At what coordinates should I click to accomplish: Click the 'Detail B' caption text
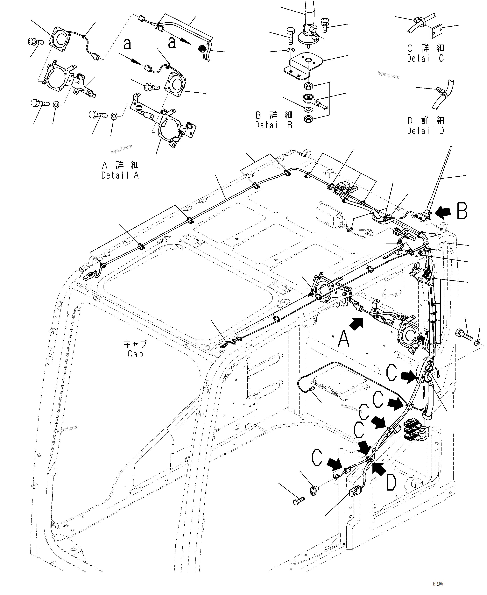pyautogui.click(x=274, y=125)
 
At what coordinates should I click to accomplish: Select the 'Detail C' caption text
pyautogui.click(x=426, y=58)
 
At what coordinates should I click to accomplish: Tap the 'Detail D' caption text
pyautogui.click(x=426, y=131)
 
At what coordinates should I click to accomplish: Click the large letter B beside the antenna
pyautogui.click(x=462, y=211)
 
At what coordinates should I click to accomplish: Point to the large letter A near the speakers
pyautogui.click(x=344, y=339)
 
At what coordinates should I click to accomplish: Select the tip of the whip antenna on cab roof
pyautogui.click(x=450, y=147)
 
